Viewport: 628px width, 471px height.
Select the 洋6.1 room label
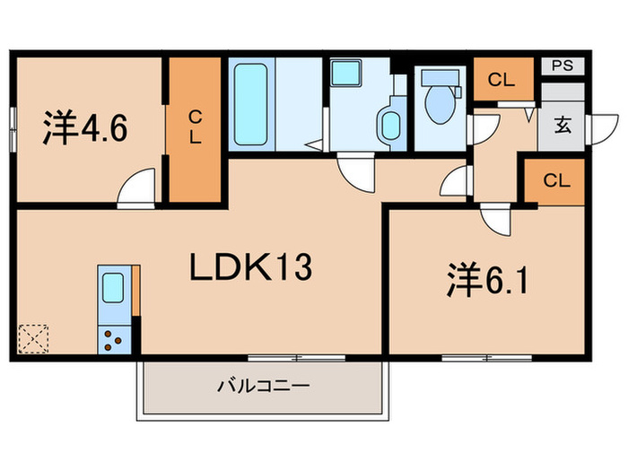tap(485, 284)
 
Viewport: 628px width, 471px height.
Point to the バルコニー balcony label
tap(263, 388)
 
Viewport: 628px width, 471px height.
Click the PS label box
tap(562, 65)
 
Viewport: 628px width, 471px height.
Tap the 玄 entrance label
tap(562, 125)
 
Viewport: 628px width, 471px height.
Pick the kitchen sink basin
tap(114, 287)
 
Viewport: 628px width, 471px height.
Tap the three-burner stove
tap(114, 340)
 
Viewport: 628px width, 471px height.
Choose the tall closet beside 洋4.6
tap(195, 129)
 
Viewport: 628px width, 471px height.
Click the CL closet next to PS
tap(502, 80)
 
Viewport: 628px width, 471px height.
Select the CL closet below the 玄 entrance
tap(555, 180)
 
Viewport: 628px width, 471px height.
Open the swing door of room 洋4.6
tap(138, 190)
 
